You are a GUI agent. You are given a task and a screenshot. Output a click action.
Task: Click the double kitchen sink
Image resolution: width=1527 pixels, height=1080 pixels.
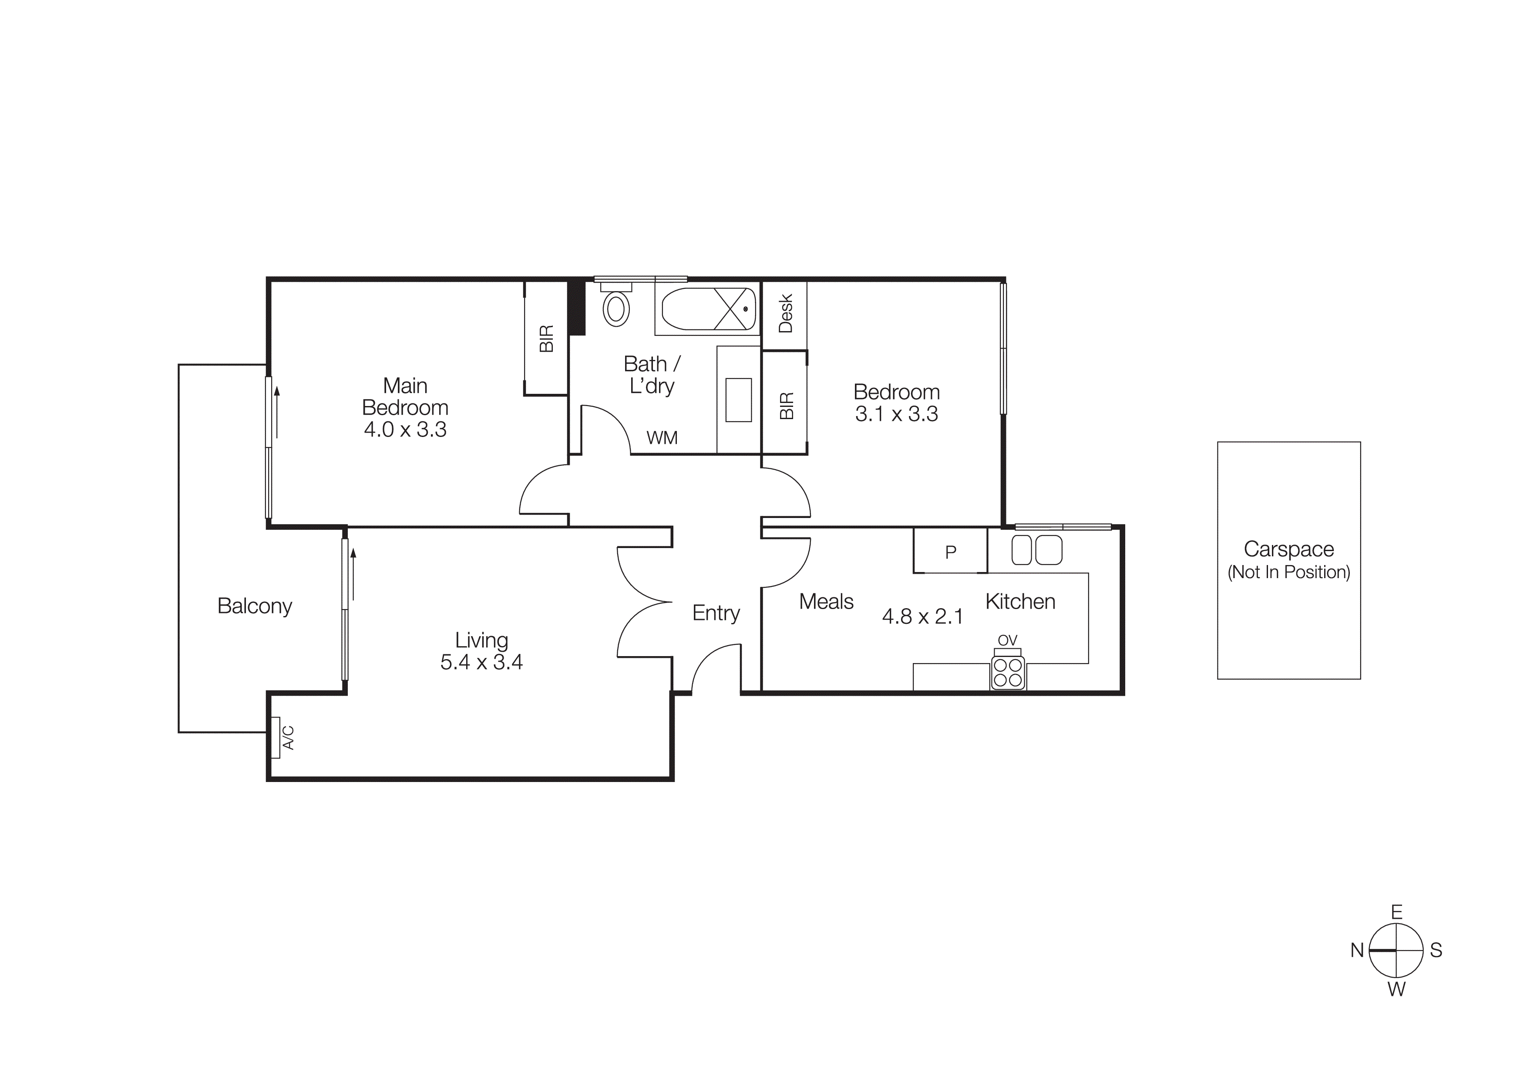(x=1037, y=550)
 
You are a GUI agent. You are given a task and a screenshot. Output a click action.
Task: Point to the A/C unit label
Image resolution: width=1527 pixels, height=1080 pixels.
(x=288, y=737)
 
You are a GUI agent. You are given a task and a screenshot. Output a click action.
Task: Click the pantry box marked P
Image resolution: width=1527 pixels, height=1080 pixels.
(x=950, y=551)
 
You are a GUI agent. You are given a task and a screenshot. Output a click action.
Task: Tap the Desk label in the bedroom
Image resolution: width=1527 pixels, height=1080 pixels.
(x=785, y=313)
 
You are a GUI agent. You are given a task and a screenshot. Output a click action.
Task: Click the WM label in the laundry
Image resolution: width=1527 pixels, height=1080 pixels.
(x=662, y=438)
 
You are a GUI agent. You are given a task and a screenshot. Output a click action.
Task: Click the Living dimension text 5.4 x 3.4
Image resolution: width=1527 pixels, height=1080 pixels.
(x=481, y=662)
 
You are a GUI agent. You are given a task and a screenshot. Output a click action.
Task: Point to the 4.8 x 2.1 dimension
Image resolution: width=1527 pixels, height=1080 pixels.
(x=922, y=617)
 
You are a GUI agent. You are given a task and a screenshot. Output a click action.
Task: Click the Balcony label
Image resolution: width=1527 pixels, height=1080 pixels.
(x=255, y=606)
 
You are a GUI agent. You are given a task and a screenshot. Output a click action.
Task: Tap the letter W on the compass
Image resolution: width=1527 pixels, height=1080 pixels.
(x=1396, y=989)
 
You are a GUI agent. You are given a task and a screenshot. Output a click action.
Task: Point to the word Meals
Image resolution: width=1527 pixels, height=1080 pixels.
(x=826, y=602)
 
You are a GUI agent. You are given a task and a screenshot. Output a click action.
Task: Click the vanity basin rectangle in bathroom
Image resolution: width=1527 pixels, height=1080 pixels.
(x=738, y=400)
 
